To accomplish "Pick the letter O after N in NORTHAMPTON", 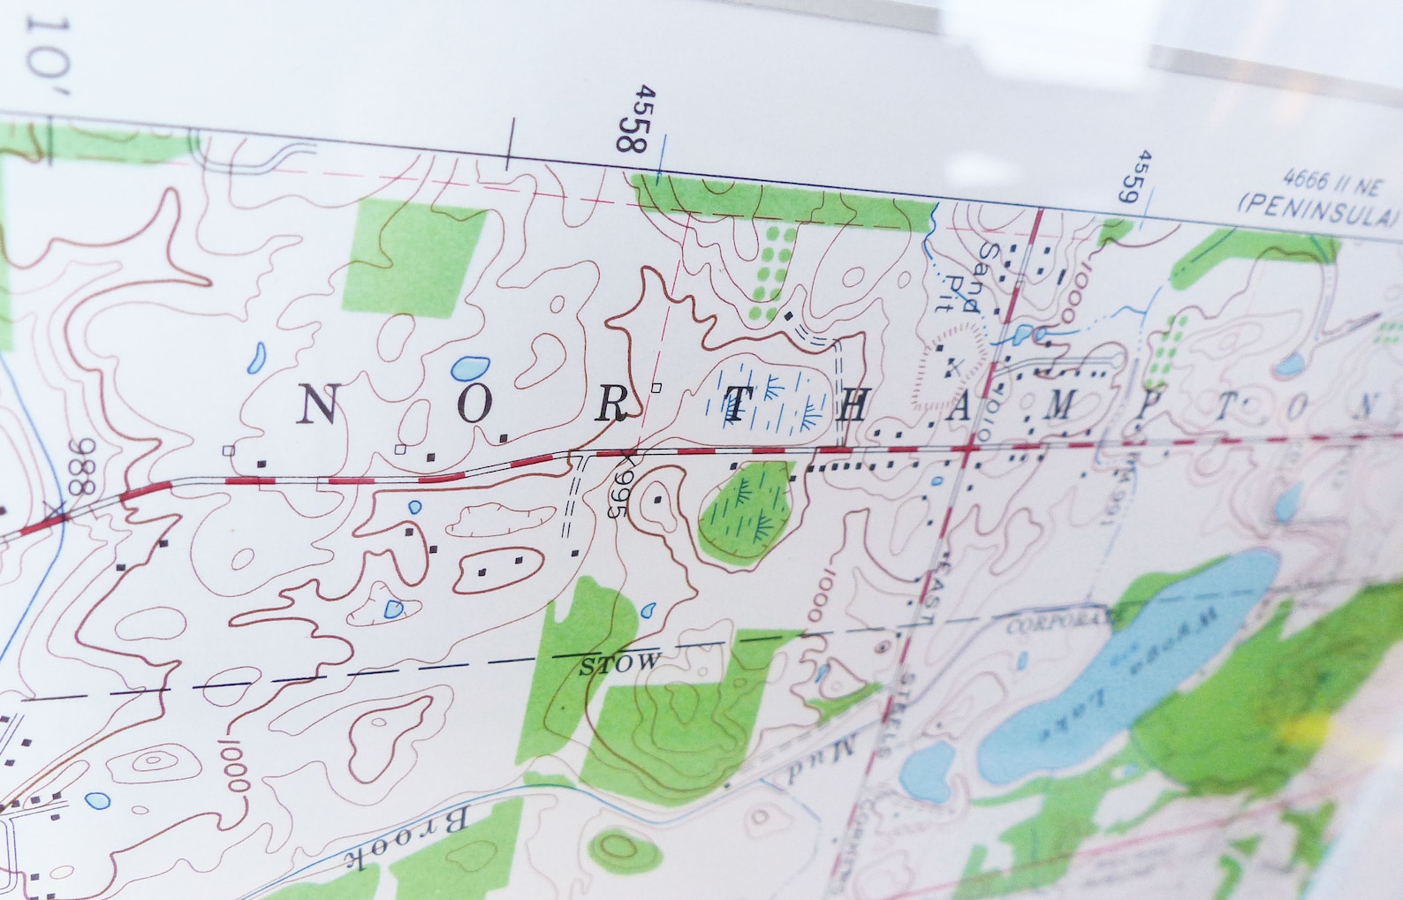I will pos(474,405).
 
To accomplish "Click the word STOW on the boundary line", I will pos(619,663).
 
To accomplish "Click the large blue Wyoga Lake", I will pos(1122,671).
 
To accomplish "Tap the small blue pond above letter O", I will pos(469,366).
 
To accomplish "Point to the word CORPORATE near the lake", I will pos(1057,622).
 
